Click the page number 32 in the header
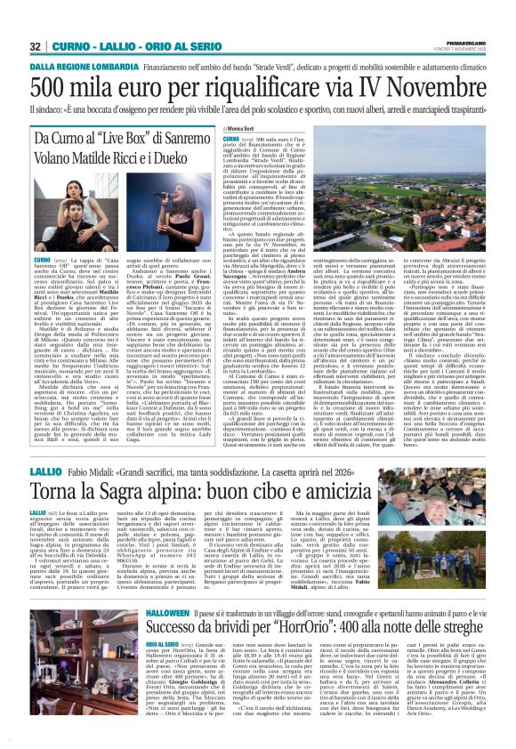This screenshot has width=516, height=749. pos(35,46)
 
